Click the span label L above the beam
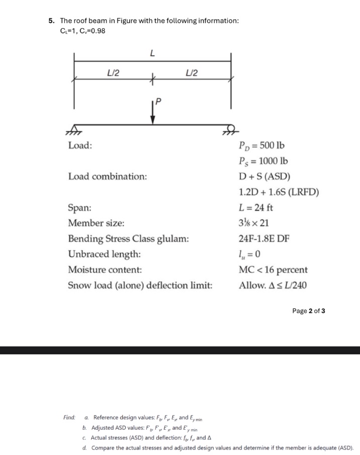click(x=152, y=53)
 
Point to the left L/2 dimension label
click(x=113, y=72)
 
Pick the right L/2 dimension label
click(x=192, y=72)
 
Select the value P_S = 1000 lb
click(x=264, y=162)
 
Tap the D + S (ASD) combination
click(x=264, y=177)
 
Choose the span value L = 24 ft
click(x=256, y=208)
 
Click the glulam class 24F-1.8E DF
click(x=264, y=239)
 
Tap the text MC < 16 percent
click(x=273, y=270)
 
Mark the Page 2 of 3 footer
click(x=309, y=311)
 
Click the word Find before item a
click(x=69, y=418)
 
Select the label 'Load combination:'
click(x=108, y=177)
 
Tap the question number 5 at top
click(x=51, y=21)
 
